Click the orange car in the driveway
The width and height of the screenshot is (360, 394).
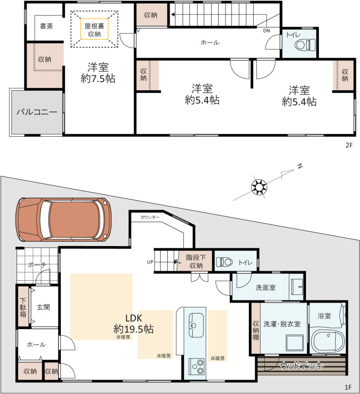[63, 219]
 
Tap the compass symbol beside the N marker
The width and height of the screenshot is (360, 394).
[259, 187]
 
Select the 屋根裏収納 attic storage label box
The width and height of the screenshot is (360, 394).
[94, 29]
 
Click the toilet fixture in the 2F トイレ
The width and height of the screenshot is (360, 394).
[305, 45]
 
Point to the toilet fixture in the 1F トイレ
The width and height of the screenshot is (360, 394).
[224, 262]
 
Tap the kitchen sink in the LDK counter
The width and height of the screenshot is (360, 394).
[196, 325]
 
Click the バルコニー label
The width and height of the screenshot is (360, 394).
[37, 112]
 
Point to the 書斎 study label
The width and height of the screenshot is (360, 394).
[46, 26]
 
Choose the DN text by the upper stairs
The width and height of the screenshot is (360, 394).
[266, 31]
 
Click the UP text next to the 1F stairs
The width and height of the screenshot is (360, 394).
[150, 262]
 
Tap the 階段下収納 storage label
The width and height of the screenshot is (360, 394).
[196, 261]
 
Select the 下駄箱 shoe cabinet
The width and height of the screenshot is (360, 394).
[23, 307]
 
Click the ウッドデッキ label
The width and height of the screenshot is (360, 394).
[301, 366]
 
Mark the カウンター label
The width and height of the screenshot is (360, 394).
[150, 217]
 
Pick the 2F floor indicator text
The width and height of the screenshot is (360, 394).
[349, 145]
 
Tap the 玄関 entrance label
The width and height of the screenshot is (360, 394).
[43, 307]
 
